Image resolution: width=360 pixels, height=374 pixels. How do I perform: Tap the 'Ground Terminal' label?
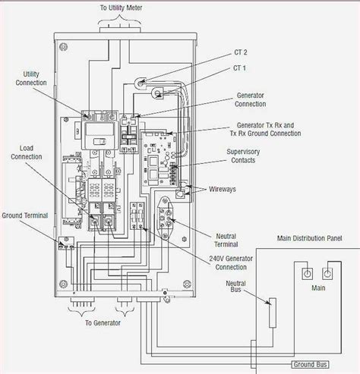click(26, 215)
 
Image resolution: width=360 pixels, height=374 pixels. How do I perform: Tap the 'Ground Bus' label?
click(289, 363)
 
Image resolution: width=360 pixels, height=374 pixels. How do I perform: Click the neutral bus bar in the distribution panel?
click(270, 312)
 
